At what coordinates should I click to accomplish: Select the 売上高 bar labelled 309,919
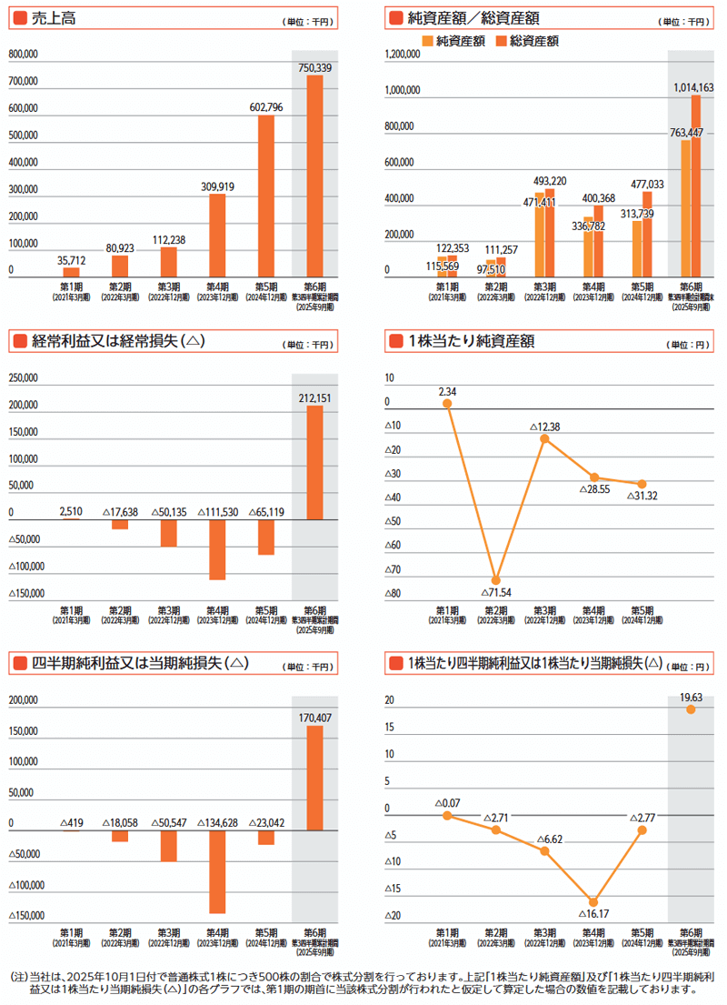coord(217,236)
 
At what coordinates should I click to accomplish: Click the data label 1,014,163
coord(693,87)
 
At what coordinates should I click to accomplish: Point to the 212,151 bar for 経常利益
coord(314,463)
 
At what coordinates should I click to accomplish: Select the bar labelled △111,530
coord(217,549)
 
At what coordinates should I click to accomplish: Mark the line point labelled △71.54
coord(495,580)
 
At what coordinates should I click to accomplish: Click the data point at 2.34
coord(446,404)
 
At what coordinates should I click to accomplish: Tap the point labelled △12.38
coord(544,438)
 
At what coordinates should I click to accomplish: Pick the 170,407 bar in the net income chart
coord(314,778)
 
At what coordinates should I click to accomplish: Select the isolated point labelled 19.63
coord(691,709)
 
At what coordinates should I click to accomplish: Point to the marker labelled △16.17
coord(593,901)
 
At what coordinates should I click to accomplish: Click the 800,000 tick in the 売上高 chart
coord(23,55)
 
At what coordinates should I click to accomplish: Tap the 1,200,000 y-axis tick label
coord(401,55)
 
